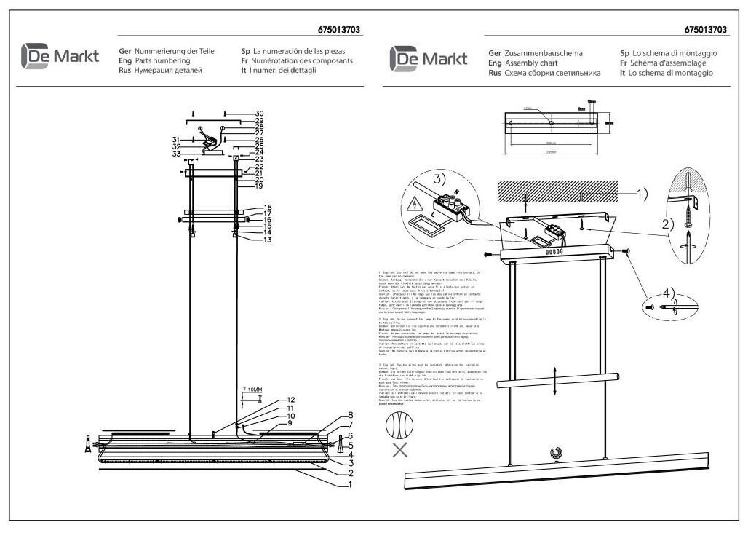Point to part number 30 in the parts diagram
pyautogui.click(x=258, y=114)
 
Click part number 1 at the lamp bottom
pyautogui.click(x=350, y=483)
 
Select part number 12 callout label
pyautogui.click(x=290, y=400)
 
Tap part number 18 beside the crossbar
pyautogui.click(x=268, y=208)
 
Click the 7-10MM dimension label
pyautogui.click(x=252, y=390)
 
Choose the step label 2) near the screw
pyautogui.click(x=667, y=224)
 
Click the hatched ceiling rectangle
pyautogui.click(x=557, y=192)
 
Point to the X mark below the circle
pyautogui.click(x=400, y=449)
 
